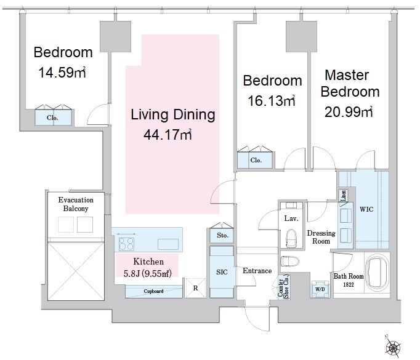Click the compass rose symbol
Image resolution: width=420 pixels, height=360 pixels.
(393, 347)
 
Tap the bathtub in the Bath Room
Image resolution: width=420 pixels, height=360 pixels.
(377, 271)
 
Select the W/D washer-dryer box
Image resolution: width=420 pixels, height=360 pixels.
(320, 289)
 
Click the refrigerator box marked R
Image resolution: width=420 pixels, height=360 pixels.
(196, 288)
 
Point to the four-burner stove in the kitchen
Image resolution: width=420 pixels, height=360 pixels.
(126, 244)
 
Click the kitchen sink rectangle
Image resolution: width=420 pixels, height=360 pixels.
(168, 244)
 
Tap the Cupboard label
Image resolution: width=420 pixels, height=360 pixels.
(153, 291)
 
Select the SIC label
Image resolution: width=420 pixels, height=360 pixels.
(222, 272)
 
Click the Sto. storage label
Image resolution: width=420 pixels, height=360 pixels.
(222, 235)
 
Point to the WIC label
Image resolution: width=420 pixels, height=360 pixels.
(366, 209)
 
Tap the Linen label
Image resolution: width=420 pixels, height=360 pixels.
(344, 196)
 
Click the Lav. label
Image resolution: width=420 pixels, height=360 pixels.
(291, 218)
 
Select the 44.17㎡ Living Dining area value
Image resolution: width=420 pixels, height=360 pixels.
(168, 134)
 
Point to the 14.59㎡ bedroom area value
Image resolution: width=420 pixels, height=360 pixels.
(62, 72)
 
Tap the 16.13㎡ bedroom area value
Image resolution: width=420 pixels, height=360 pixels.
(272, 101)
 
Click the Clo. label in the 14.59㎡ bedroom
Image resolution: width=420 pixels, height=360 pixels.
(52, 118)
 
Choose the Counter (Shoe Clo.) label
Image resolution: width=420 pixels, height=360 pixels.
(284, 287)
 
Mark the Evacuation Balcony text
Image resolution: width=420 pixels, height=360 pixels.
(76, 204)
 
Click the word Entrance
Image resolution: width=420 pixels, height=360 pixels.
(257, 271)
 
